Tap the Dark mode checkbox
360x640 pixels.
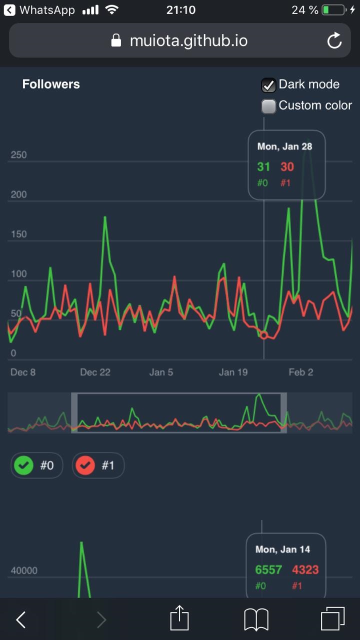(269, 85)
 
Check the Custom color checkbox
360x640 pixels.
(269, 106)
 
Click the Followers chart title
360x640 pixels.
(51, 84)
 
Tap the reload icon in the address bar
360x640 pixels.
(334, 41)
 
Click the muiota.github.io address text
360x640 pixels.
(188, 40)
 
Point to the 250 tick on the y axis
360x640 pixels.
(19, 155)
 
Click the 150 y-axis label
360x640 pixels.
(19, 234)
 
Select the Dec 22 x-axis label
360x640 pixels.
(95, 372)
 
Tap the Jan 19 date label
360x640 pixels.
(233, 372)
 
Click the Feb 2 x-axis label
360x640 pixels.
(301, 372)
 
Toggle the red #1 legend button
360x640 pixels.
(98, 466)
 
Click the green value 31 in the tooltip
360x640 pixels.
(263, 167)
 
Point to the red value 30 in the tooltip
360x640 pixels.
(287, 167)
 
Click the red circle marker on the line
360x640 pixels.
(264, 335)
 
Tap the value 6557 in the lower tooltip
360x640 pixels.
(268, 569)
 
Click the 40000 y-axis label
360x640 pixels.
(24, 570)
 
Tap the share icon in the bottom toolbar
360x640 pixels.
(179, 619)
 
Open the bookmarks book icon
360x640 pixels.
(256, 619)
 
